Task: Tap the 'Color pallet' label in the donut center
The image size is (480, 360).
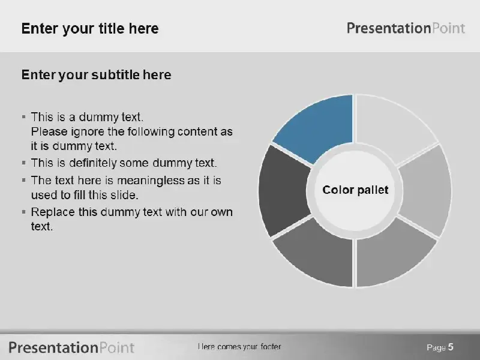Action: click(x=355, y=190)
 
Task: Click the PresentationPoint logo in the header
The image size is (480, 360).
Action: click(x=406, y=28)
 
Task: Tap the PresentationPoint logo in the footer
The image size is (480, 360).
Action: click(x=71, y=348)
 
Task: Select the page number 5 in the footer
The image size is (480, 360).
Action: click(x=451, y=347)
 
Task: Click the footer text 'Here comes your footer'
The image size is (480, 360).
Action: click(x=239, y=347)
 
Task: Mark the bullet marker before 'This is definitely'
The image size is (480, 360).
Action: click(x=24, y=162)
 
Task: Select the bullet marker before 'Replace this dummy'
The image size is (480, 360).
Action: click(x=24, y=212)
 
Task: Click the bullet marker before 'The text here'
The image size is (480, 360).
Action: click(x=24, y=180)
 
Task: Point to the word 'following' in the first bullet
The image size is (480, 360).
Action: click(x=151, y=132)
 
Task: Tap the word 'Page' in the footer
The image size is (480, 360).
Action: click(x=436, y=347)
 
